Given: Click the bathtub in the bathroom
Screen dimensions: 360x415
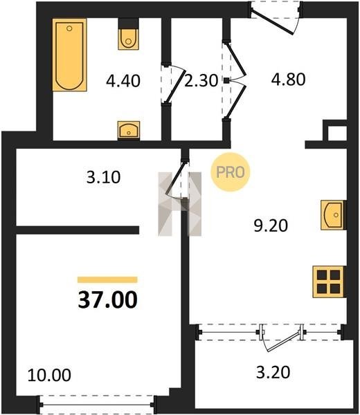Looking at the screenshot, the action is click(x=70, y=55).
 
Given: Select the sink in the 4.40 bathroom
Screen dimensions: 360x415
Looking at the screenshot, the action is click(x=129, y=130).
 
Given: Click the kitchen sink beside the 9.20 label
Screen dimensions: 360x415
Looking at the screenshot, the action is click(x=333, y=214).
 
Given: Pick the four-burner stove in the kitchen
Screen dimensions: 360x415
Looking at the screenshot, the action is click(x=329, y=282).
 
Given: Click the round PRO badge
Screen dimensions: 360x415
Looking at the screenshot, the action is click(x=231, y=172).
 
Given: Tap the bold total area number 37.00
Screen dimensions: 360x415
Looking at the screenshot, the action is click(x=108, y=299).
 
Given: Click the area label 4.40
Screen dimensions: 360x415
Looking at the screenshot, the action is click(x=123, y=81).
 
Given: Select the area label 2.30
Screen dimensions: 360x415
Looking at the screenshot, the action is click(x=201, y=80).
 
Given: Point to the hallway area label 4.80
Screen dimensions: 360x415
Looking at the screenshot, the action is click(x=288, y=79).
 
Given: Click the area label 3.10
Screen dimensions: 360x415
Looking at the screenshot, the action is click(x=104, y=177).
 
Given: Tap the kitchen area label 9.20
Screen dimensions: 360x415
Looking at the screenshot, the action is click(x=271, y=225).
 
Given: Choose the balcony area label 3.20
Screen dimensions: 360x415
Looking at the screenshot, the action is click(x=273, y=372).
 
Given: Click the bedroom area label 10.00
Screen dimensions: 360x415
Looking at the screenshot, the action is click(x=49, y=375).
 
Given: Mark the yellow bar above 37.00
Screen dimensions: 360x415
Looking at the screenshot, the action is click(x=107, y=279).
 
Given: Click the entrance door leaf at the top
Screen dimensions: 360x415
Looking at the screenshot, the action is click(x=272, y=22).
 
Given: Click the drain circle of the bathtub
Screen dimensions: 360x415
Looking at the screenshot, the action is click(x=69, y=28).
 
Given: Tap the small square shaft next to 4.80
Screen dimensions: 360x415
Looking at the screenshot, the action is click(x=337, y=133).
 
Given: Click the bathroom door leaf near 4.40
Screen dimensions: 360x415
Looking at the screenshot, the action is click(x=175, y=84).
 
